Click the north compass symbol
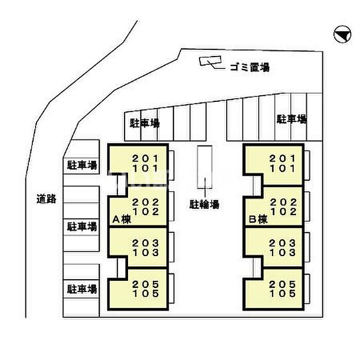(340, 34)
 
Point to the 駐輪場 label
(205, 204)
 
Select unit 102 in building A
(143, 211)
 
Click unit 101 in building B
(283, 168)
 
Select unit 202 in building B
(283, 202)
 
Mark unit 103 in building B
(283, 253)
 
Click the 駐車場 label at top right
(292, 120)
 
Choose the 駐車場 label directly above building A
(144, 123)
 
